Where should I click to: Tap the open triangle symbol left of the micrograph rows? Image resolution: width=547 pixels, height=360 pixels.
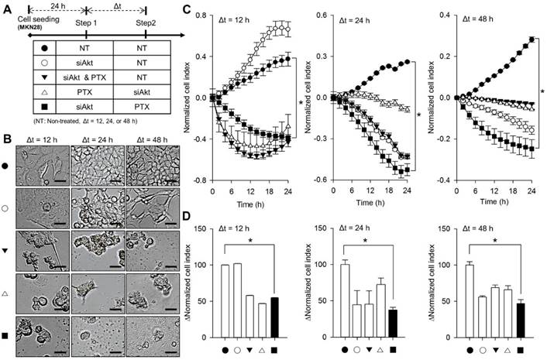click(8, 291)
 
